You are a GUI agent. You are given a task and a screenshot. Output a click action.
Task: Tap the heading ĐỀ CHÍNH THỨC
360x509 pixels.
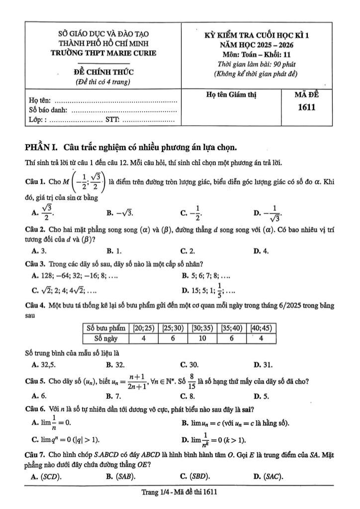pyautogui.click(x=104, y=72)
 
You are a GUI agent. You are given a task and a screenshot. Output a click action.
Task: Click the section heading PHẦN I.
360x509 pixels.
pyautogui.click(x=40, y=148)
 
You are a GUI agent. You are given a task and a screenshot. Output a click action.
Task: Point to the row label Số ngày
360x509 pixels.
pyautogui.click(x=105, y=338)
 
